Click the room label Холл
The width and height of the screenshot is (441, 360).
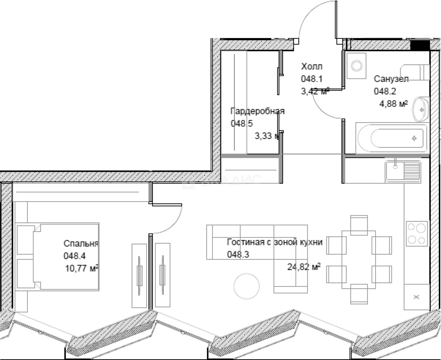312,67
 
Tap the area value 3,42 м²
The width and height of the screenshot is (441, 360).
315,91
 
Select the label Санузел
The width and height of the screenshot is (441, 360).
391,79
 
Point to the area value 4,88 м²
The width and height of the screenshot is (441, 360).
393,104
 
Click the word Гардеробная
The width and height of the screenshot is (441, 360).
257,112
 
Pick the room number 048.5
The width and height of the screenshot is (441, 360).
242,124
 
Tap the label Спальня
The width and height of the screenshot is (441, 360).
81,244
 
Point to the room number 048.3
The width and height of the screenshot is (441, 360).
238,254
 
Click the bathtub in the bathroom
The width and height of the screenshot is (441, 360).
392,138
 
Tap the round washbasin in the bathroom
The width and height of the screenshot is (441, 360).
421,109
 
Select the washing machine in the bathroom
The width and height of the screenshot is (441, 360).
356,66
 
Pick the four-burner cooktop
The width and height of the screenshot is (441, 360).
417,233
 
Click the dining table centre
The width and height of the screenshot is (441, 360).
359,259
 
